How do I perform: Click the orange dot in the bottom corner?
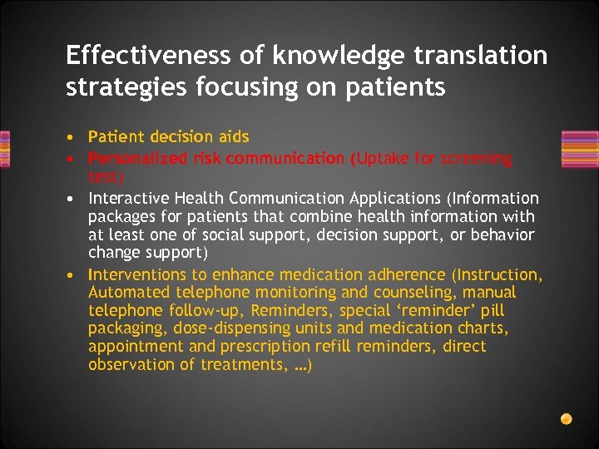click(x=566, y=418)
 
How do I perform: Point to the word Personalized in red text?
click(x=130, y=158)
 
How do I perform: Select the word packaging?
click(x=127, y=328)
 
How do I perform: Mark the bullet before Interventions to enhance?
click(x=74, y=275)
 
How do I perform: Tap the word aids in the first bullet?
click(x=234, y=136)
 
